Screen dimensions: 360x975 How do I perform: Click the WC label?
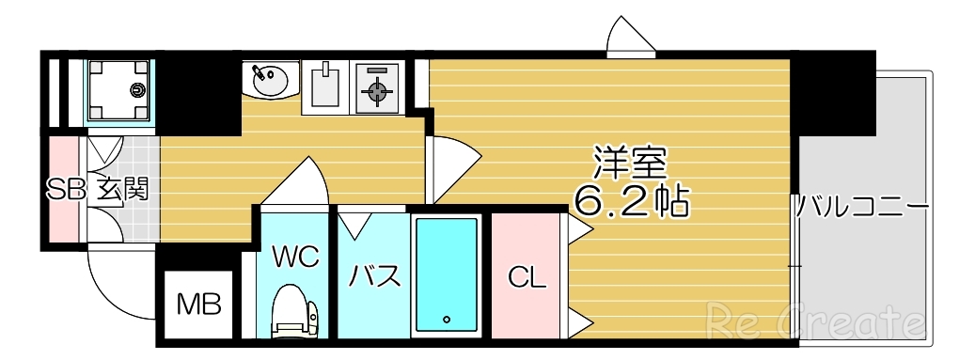click(296, 256)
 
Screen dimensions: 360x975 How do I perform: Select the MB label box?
click(199, 304)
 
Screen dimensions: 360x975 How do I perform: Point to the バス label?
click(375, 276)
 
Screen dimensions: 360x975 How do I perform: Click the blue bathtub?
click(448, 273)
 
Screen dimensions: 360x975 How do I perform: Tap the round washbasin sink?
click(269, 79)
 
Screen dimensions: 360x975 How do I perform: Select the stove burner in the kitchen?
click(377, 90)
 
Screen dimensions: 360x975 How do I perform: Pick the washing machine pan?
click(119, 90)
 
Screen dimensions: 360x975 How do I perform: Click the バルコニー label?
click(863, 206)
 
